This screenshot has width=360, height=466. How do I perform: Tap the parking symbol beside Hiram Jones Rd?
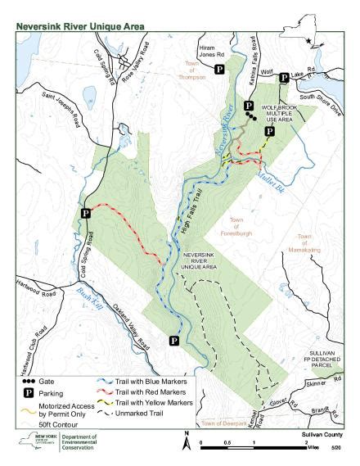(x=219, y=71)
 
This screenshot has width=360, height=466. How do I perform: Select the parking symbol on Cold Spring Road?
(x=86, y=214)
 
